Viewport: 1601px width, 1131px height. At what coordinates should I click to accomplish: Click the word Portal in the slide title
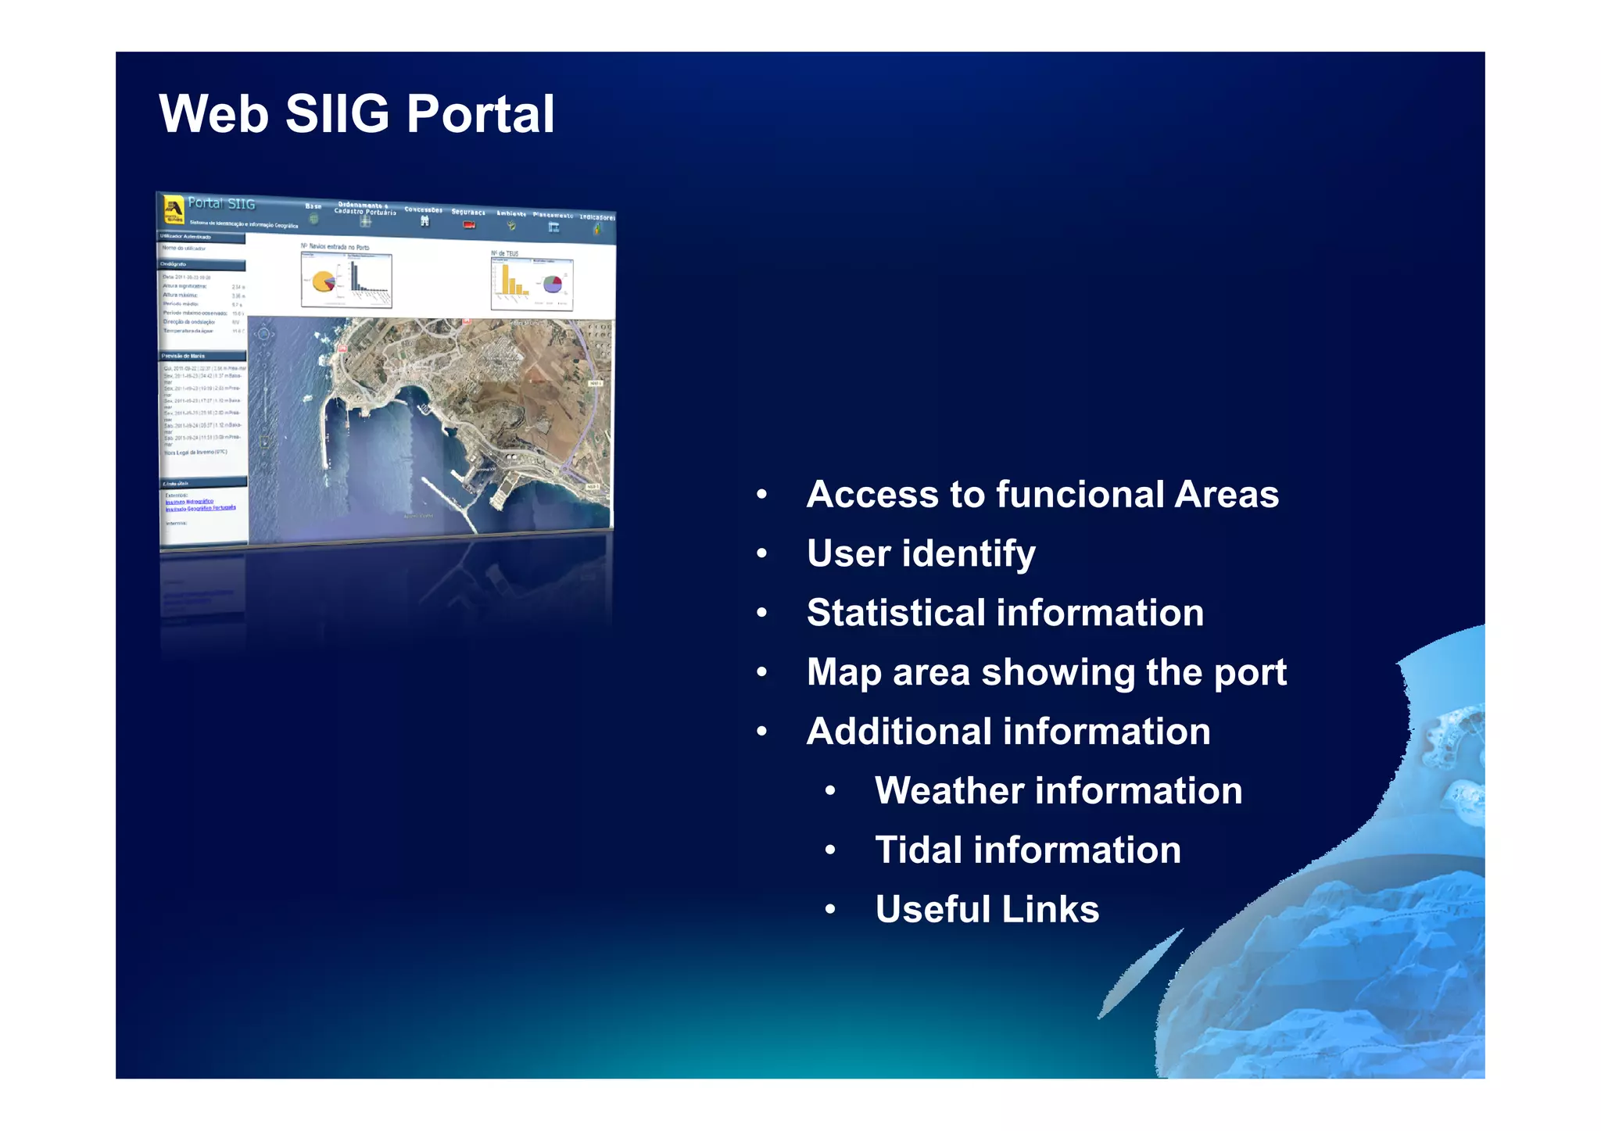point(480,115)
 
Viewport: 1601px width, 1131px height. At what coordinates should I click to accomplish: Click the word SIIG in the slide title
point(337,115)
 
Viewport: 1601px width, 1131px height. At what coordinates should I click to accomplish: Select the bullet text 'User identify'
point(921,553)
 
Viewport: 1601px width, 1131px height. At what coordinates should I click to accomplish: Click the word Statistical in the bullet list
point(895,613)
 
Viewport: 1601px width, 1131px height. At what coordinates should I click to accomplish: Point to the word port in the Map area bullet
point(1249,673)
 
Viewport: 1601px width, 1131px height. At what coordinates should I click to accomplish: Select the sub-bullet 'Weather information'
point(1058,791)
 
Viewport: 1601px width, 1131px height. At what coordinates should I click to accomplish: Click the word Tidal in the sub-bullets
point(918,850)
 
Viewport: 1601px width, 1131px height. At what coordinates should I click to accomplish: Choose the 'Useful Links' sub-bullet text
point(987,910)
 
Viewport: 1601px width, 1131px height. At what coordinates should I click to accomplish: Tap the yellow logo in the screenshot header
point(173,209)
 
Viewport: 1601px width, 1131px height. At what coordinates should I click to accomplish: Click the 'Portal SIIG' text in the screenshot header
point(222,203)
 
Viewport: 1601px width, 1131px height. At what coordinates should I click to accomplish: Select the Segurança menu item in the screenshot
point(468,212)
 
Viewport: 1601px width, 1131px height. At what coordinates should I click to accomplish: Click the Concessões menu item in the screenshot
point(424,209)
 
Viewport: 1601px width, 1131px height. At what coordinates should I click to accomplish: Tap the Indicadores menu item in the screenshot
point(596,217)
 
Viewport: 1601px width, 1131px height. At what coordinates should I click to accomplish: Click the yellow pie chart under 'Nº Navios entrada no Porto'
point(322,281)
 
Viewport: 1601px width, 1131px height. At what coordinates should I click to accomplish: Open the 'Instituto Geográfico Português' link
point(200,508)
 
